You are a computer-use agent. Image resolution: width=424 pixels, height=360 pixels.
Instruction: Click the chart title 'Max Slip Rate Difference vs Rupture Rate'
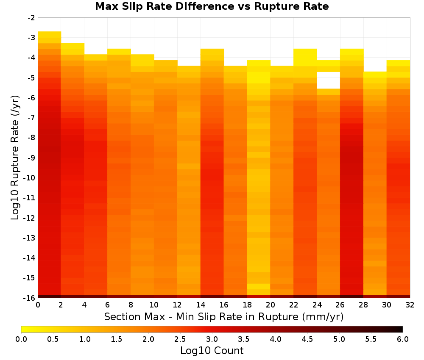(x=212, y=6)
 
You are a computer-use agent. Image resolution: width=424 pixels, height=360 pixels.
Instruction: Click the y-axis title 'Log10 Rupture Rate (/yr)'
(x=15, y=158)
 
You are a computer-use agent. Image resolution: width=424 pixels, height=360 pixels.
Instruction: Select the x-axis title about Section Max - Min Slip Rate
(x=224, y=317)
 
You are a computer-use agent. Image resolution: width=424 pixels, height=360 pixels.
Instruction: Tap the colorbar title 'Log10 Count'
(x=212, y=351)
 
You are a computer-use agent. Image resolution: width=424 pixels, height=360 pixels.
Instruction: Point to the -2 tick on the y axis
(x=31, y=18)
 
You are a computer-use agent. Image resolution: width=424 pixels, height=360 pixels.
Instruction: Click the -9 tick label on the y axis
(x=31, y=158)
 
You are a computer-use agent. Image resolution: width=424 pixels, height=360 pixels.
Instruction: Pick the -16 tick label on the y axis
(x=30, y=298)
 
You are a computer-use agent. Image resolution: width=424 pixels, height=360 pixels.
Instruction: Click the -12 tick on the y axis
(x=30, y=218)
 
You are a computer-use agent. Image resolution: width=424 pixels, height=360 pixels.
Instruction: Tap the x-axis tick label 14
(x=201, y=305)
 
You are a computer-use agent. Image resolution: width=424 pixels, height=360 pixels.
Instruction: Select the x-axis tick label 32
(x=410, y=305)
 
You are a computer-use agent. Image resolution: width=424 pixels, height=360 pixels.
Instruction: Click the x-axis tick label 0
(x=38, y=305)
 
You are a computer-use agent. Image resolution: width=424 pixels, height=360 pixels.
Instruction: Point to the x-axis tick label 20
(x=271, y=305)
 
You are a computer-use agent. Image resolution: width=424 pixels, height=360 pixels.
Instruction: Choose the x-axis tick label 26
(x=340, y=305)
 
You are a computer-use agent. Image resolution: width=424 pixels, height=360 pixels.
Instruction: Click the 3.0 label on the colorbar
(x=212, y=339)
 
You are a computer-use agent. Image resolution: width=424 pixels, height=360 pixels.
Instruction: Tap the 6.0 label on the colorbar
(x=403, y=339)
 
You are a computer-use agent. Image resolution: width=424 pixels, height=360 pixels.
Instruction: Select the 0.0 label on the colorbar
(x=21, y=339)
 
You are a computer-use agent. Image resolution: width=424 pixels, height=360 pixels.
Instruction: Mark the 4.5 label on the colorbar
(x=307, y=339)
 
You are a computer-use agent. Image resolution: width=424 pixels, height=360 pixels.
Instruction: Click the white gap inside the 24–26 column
(x=329, y=80)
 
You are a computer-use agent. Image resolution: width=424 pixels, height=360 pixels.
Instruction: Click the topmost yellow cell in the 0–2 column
(x=50, y=34)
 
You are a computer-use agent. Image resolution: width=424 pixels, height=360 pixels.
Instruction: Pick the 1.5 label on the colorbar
(x=117, y=339)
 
